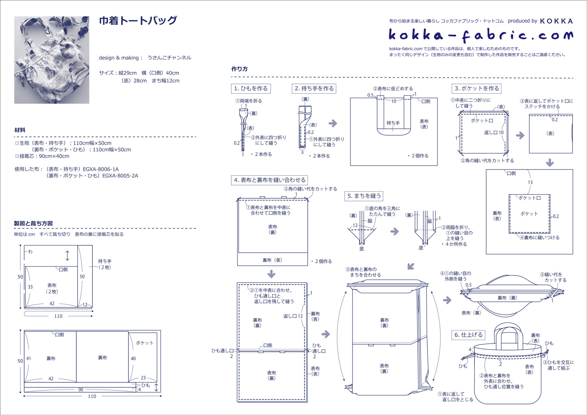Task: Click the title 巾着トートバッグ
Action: [x=138, y=21]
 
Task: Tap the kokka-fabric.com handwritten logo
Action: [x=480, y=35]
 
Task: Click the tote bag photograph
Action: [x=52, y=60]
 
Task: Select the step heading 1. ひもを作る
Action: [x=251, y=89]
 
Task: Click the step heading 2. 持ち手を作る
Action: [x=314, y=89]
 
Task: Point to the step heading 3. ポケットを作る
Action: [x=477, y=89]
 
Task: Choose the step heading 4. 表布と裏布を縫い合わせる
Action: [x=269, y=180]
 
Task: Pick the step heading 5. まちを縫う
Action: [x=364, y=196]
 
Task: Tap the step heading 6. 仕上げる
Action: [x=468, y=335]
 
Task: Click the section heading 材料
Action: [x=20, y=130]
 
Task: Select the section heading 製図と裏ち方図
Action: [x=33, y=223]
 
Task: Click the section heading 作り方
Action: [x=239, y=69]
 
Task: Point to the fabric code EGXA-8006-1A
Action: [x=100, y=169]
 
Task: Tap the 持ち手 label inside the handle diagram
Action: [x=393, y=123]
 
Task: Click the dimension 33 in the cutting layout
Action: [x=30, y=287]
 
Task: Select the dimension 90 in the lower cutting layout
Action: [x=80, y=389]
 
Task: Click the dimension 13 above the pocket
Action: [x=530, y=182]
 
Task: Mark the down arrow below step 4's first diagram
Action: [x=271, y=274]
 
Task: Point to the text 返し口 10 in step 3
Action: [x=494, y=133]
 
